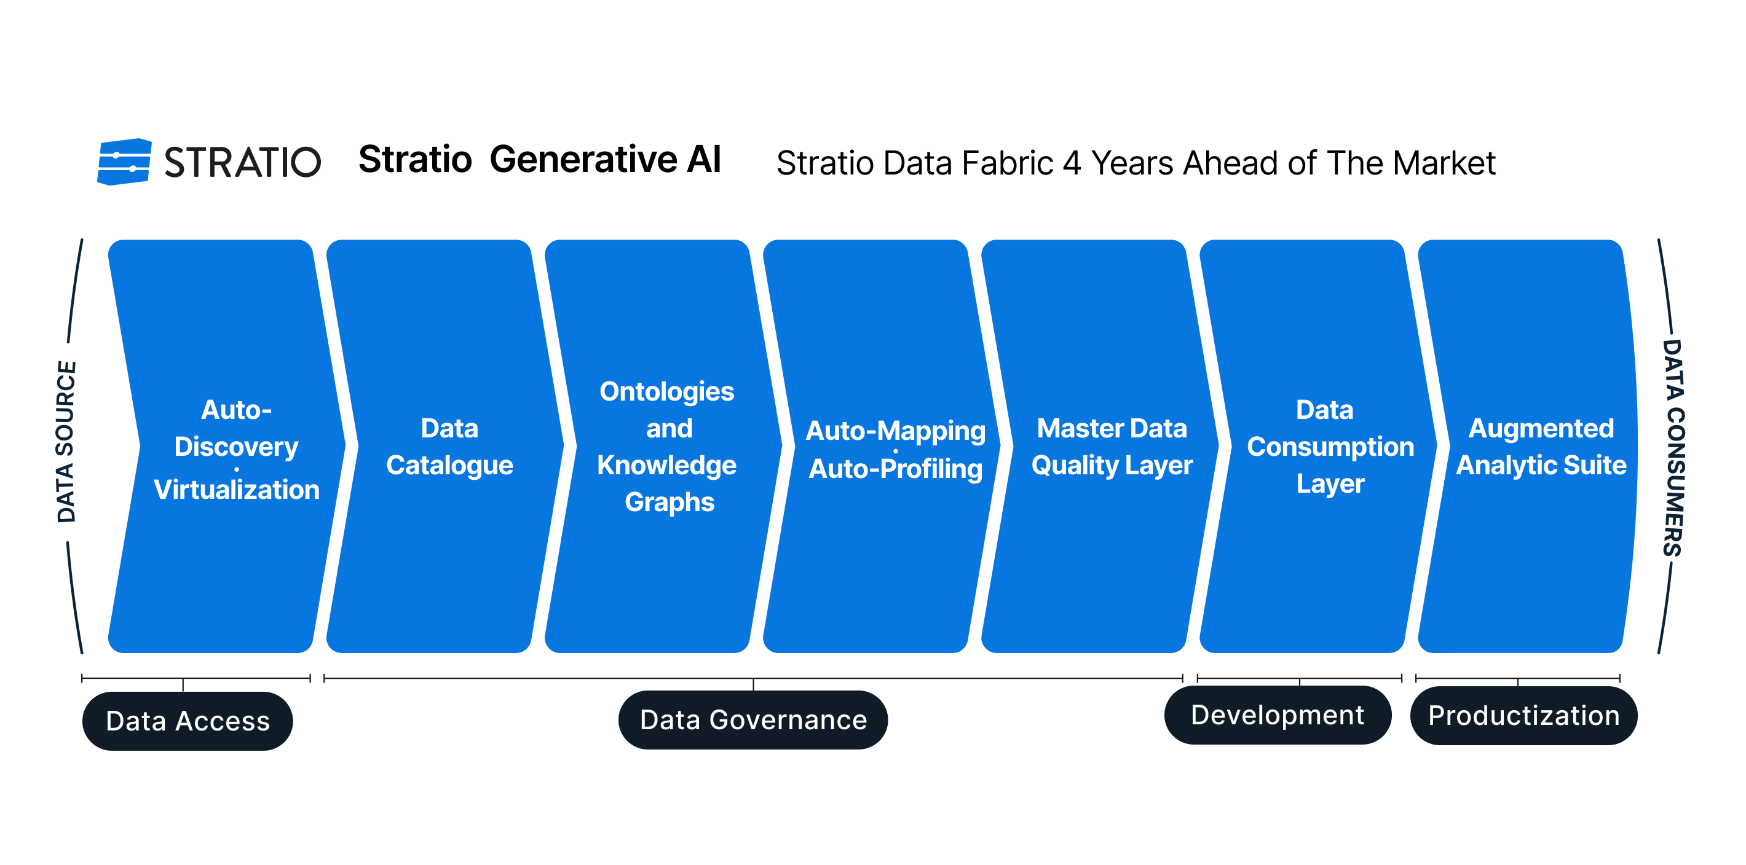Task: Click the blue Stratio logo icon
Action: (124, 162)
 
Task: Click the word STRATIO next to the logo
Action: (243, 163)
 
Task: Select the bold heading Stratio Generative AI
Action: (540, 160)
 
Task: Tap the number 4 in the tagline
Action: (1072, 163)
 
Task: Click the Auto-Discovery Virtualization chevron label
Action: (237, 449)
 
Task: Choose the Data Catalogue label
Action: (449, 447)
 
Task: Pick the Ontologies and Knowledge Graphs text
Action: (667, 447)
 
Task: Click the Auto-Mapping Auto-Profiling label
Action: (895, 450)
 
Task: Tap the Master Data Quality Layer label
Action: (1112, 447)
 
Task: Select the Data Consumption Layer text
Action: (1330, 447)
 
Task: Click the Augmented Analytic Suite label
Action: (1541, 447)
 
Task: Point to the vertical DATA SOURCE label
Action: (66, 442)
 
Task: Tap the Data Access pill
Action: (188, 721)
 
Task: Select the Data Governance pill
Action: (753, 719)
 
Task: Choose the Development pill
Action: (1278, 715)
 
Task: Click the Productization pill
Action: (1523, 716)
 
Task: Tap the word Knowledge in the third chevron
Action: (667, 465)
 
